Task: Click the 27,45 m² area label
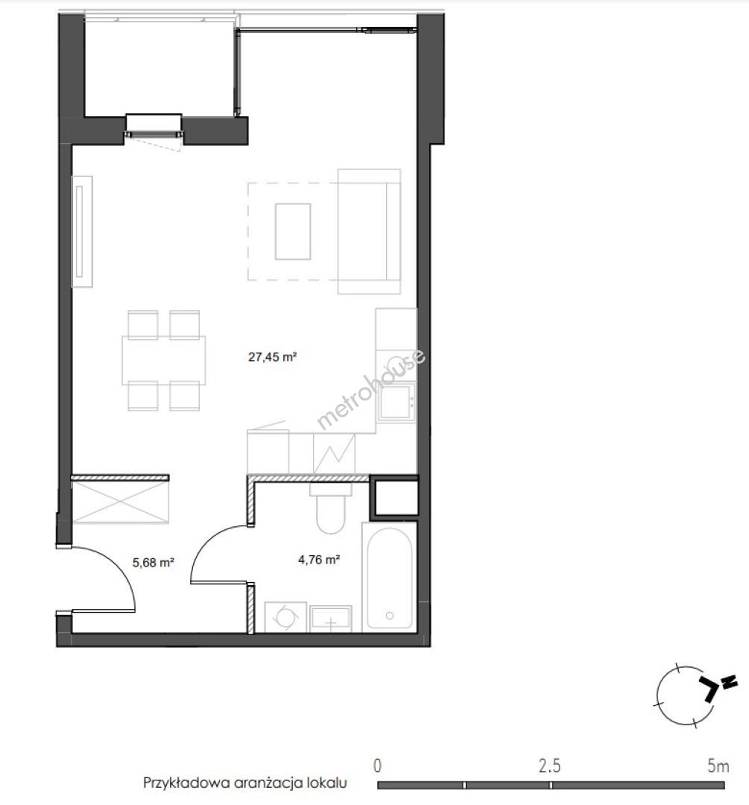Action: coord(272,357)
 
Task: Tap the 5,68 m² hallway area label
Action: coord(153,563)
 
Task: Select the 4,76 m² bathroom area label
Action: coord(319,560)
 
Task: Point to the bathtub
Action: coord(390,577)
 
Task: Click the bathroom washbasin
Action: coord(331,619)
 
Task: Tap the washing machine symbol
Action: coord(285,617)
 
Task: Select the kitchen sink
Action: coord(396,402)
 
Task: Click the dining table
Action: coord(164,361)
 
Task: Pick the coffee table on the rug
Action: coord(293,232)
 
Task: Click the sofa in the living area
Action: coord(369,232)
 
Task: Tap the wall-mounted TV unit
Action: coord(82,232)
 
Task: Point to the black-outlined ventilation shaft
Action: coord(394,496)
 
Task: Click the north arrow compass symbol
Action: coord(695,695)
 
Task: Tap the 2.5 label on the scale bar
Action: coord(549,766)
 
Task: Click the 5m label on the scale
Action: coord(718,766)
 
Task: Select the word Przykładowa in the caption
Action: coord(186,783)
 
